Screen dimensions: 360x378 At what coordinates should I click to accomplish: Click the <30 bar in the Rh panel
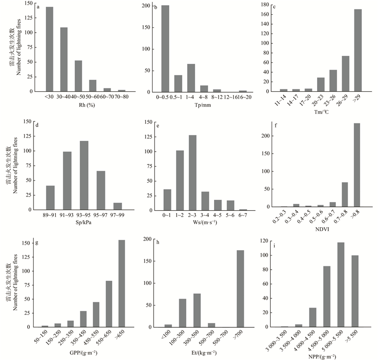pyautogui.click(x=50, y=49)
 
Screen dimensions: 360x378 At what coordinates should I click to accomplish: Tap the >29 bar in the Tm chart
pyautogui.click(x=358, y=50)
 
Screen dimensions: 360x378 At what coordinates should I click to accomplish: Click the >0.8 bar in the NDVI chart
pyautogui.click(x=357, y=165)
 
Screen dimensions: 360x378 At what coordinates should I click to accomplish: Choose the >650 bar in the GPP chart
pyautogui.click(x=122, y=283)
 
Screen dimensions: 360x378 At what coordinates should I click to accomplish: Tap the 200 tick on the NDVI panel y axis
pyautogui.click(x=267, y=136)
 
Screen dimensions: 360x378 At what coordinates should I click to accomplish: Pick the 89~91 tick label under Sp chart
pyautogui.click(x=51, y=215)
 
